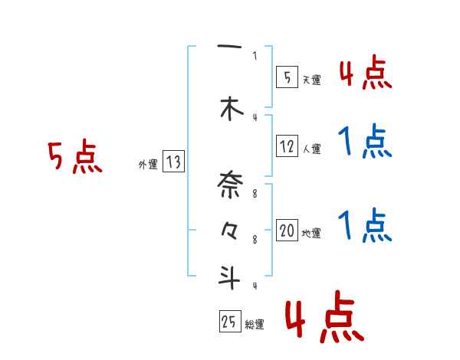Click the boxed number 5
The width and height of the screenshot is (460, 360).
[287, 77]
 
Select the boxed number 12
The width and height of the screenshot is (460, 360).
[287, 146]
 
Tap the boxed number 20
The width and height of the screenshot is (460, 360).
[287, 231]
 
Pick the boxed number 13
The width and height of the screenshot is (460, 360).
[173, 162]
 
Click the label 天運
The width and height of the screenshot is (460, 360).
[312, 80]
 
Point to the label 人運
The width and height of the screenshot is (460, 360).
[312, 149]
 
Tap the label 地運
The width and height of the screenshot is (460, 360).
[311, 234]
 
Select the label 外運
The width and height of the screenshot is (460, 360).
[147, 164]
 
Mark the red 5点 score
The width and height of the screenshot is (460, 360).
[74, 158]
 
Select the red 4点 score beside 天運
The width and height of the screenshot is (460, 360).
[364, 74]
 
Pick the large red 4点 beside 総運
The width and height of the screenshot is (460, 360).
[323, 319]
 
